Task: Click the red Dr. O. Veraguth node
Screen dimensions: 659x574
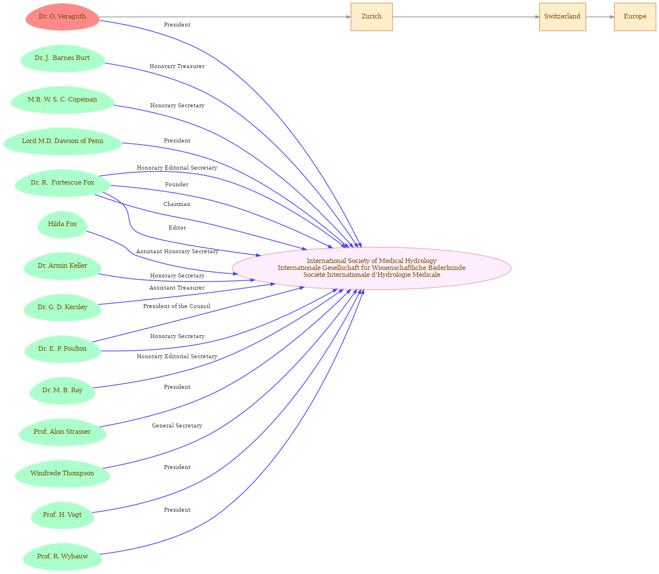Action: coord(62,17)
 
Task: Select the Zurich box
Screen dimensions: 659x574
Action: coord(371,17)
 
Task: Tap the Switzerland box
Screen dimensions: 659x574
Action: coord(563,17)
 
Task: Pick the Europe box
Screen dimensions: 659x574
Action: coord(635,17)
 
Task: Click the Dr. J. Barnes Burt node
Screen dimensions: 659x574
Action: coord(62,58)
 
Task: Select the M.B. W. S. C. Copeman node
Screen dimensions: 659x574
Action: coord(62,100)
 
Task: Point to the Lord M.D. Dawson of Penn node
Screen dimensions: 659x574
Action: coord(62,141)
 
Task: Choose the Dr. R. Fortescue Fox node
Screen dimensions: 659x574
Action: coord(62,183)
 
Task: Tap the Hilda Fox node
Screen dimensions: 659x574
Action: coord(62,224)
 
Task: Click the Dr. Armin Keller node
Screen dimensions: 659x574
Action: coord(62,266)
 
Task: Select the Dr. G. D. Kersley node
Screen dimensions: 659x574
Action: coord(62,308)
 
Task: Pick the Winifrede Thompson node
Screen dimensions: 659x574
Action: coord(62,474)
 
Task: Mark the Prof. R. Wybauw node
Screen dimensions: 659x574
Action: coord(62,557)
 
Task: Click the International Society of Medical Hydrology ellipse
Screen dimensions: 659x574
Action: coord(371,268)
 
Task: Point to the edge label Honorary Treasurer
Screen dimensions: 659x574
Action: coord(177,66)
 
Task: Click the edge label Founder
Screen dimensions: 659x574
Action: coord(177,185)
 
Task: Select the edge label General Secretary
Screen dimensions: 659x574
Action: coord(177,426)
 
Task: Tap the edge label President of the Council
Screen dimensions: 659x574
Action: coord(177,306)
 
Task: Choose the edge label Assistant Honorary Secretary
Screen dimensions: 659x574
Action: coord(177,252)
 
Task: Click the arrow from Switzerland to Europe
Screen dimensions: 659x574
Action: coord(600,17)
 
